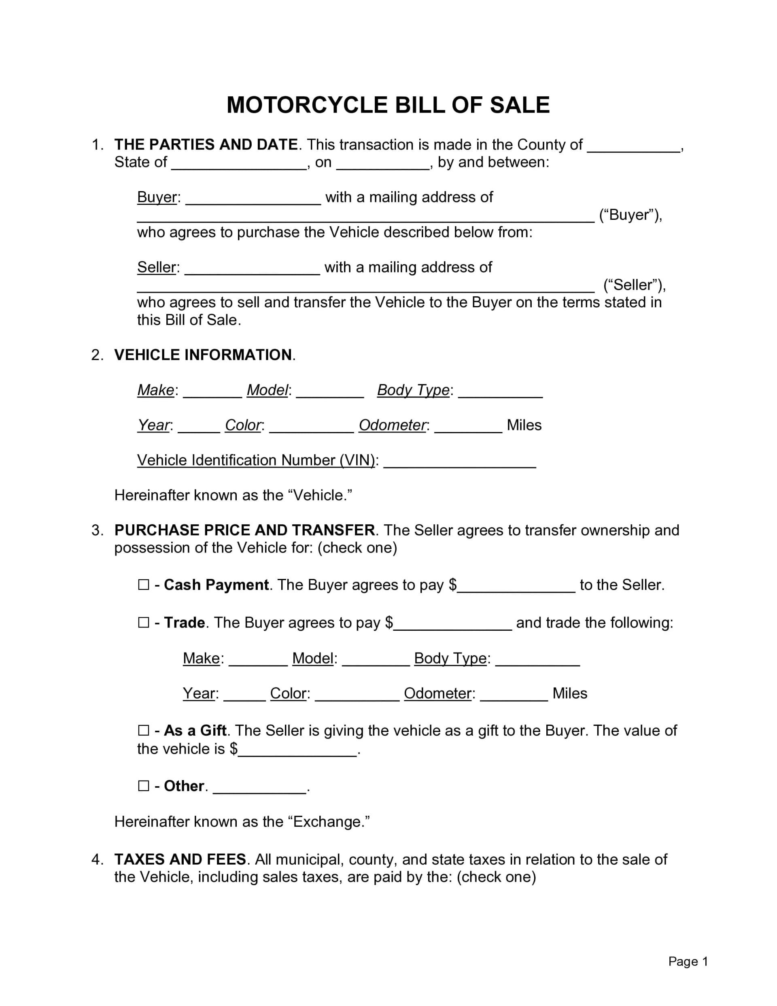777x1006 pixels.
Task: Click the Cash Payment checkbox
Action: click(x=144, y=585)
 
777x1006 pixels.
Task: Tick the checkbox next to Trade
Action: click(x=144, y=622)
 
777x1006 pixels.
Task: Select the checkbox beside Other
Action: click(x=144, y=785)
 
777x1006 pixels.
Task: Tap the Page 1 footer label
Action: click(x=688, y=961)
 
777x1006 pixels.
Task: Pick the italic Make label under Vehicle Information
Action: click(x=156, y=390)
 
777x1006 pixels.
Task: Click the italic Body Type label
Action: click(x=413, y=390)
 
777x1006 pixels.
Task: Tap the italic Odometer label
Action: click(x=393, y=425)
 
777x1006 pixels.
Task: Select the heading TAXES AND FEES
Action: click(x=180, y=859)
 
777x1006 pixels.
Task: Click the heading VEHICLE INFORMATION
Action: click(x=203, y=355)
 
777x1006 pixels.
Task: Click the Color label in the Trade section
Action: click(x=288, y=693)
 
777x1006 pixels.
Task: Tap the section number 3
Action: click(x=96, y=530)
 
